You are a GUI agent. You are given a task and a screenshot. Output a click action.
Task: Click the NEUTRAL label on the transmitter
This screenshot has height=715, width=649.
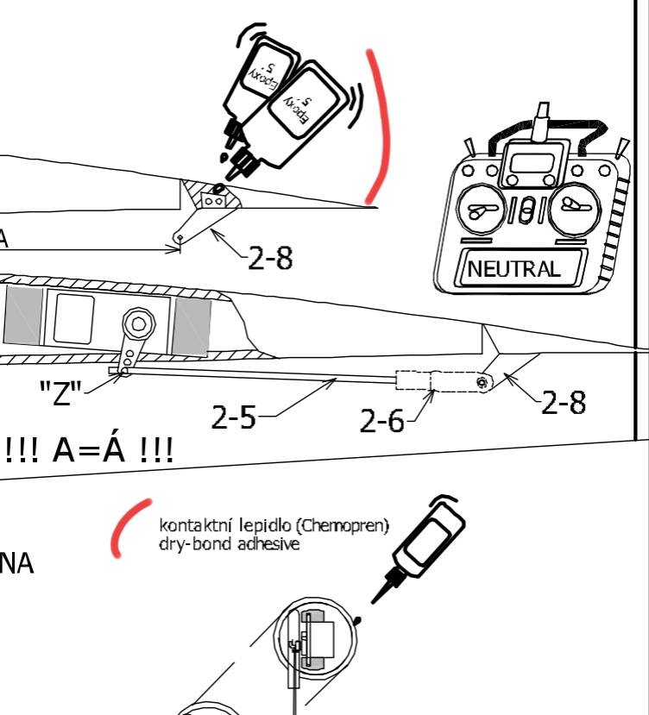tap(514, 268)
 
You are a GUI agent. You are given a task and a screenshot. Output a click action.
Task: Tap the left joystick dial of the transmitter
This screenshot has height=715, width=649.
tap(477, 209)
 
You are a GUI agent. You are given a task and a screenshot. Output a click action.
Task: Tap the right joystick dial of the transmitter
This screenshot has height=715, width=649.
tap(574, 208)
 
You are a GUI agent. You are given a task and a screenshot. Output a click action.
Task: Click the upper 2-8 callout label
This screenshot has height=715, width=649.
tap(269, 258)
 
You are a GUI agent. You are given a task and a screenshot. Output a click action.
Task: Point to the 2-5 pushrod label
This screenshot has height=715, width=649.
tap(234, 417)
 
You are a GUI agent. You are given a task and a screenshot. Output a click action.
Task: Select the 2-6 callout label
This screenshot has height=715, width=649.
tap(382, 422)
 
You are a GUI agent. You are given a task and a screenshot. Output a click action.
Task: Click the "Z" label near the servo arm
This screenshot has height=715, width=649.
tap(61, 396)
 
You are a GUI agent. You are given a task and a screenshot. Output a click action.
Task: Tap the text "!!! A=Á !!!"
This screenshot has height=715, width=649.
tap(89, 449)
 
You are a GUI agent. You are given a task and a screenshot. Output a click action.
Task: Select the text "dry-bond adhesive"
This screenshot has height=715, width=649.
tap(230, 544)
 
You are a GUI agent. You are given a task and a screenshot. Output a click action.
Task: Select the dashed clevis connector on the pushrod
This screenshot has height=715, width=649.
tap(414, 380)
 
